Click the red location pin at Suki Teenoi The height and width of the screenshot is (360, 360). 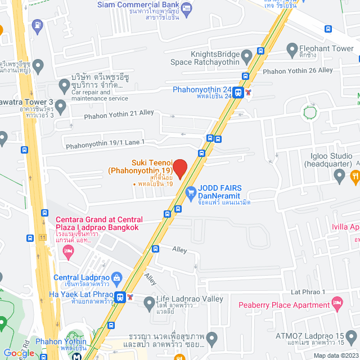179,168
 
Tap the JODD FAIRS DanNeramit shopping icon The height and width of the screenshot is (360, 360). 191,192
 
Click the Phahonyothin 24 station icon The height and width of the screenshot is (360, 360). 239,93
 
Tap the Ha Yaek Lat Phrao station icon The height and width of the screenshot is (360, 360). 120,296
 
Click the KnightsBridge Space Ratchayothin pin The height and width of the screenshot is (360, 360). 246,56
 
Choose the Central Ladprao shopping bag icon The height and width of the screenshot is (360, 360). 116,277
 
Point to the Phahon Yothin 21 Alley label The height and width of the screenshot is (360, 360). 119,114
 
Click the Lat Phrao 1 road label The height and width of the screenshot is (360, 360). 308,292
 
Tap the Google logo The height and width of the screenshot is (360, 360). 19,353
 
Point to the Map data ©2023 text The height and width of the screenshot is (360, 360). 335,355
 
